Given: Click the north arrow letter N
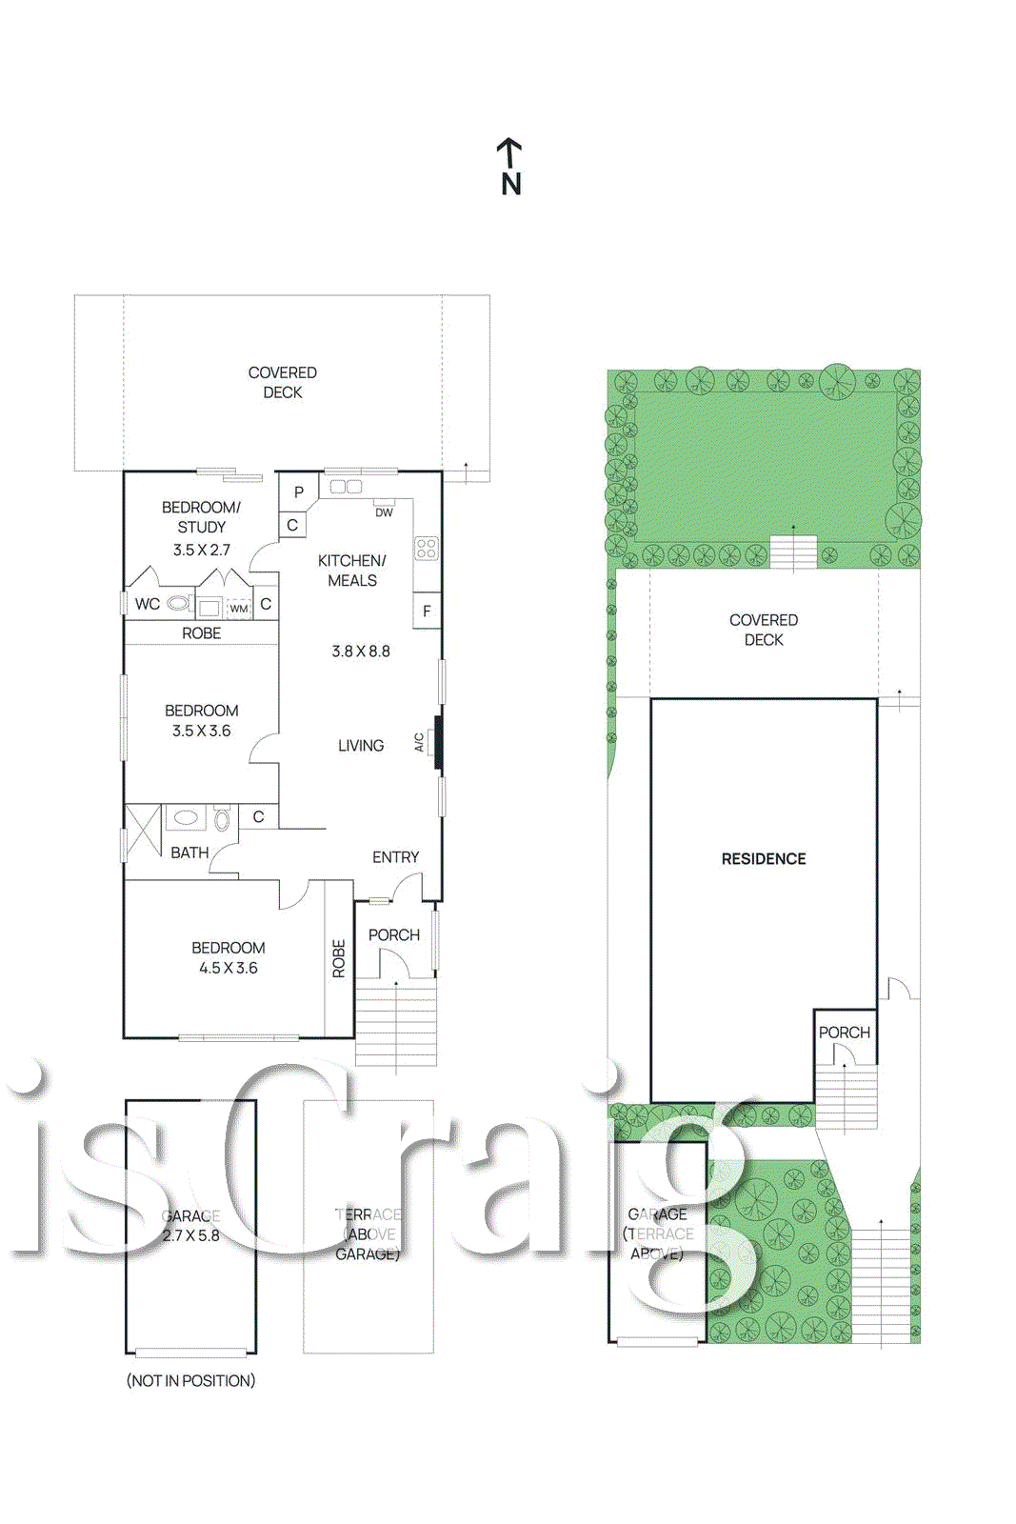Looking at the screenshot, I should [511, 183].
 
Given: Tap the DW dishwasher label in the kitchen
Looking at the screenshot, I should [384, 512].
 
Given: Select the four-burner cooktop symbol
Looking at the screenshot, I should [426, 548].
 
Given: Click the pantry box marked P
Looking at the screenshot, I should [299, 492].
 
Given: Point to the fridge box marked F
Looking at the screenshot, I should [427, 612].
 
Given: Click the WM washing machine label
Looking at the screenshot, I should [238, 608].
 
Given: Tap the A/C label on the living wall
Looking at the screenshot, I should [419, 742].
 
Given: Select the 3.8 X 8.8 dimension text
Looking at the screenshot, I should [361, 652].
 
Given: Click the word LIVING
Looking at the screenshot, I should [361, 746].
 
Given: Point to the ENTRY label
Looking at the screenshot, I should [395, 857].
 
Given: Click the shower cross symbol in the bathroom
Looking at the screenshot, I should [144, 832].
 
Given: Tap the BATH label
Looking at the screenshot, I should [189, 852].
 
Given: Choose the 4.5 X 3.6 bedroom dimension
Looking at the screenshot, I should [228, 968].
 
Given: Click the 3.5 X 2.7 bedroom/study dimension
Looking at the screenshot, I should [201, 550].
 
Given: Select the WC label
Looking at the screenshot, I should [148, 604].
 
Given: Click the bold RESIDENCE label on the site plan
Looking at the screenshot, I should [764, 859].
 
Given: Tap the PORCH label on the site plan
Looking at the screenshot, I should [844, 1033].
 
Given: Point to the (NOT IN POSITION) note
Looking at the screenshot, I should [190, 1380].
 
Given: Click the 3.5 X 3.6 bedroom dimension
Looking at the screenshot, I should [201, 731].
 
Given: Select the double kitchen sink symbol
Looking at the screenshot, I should [346, 487].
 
